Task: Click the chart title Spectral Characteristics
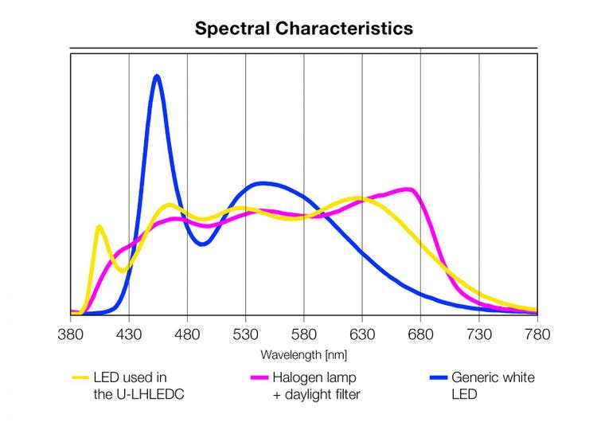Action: click(x=304, y=29)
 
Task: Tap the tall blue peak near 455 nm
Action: click(x=157, y=76)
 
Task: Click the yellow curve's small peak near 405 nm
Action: click(x=99, y=227)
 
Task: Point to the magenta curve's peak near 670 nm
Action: click(x=408, y=190)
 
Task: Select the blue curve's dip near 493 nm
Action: click(x=202, y=244)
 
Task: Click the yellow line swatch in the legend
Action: click(x=80, y=377)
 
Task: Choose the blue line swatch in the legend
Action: click(x=437, y=377)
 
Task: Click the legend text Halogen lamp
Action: click(x=314, y=377)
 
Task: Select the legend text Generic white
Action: click(x=493, y=377)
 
